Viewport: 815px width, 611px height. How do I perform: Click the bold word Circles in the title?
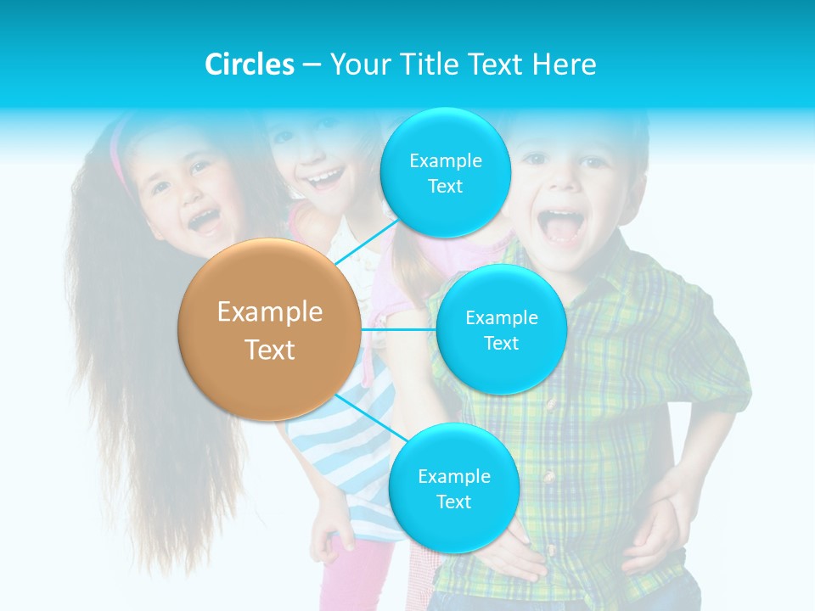(249, 64)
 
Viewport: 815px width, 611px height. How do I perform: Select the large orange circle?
(269, 329)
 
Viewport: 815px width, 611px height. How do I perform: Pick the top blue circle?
(445, 173)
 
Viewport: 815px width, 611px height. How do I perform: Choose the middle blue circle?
(501, 329)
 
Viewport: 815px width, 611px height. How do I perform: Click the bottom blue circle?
(453, 488)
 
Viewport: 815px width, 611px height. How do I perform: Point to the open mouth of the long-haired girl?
(204, 222)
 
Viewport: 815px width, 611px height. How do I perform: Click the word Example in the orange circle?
(269, 312)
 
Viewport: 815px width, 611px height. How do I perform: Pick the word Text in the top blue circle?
(445, 187)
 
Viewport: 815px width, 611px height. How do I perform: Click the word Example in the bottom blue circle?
(453, 476)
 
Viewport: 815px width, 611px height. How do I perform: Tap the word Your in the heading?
(354, 64)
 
